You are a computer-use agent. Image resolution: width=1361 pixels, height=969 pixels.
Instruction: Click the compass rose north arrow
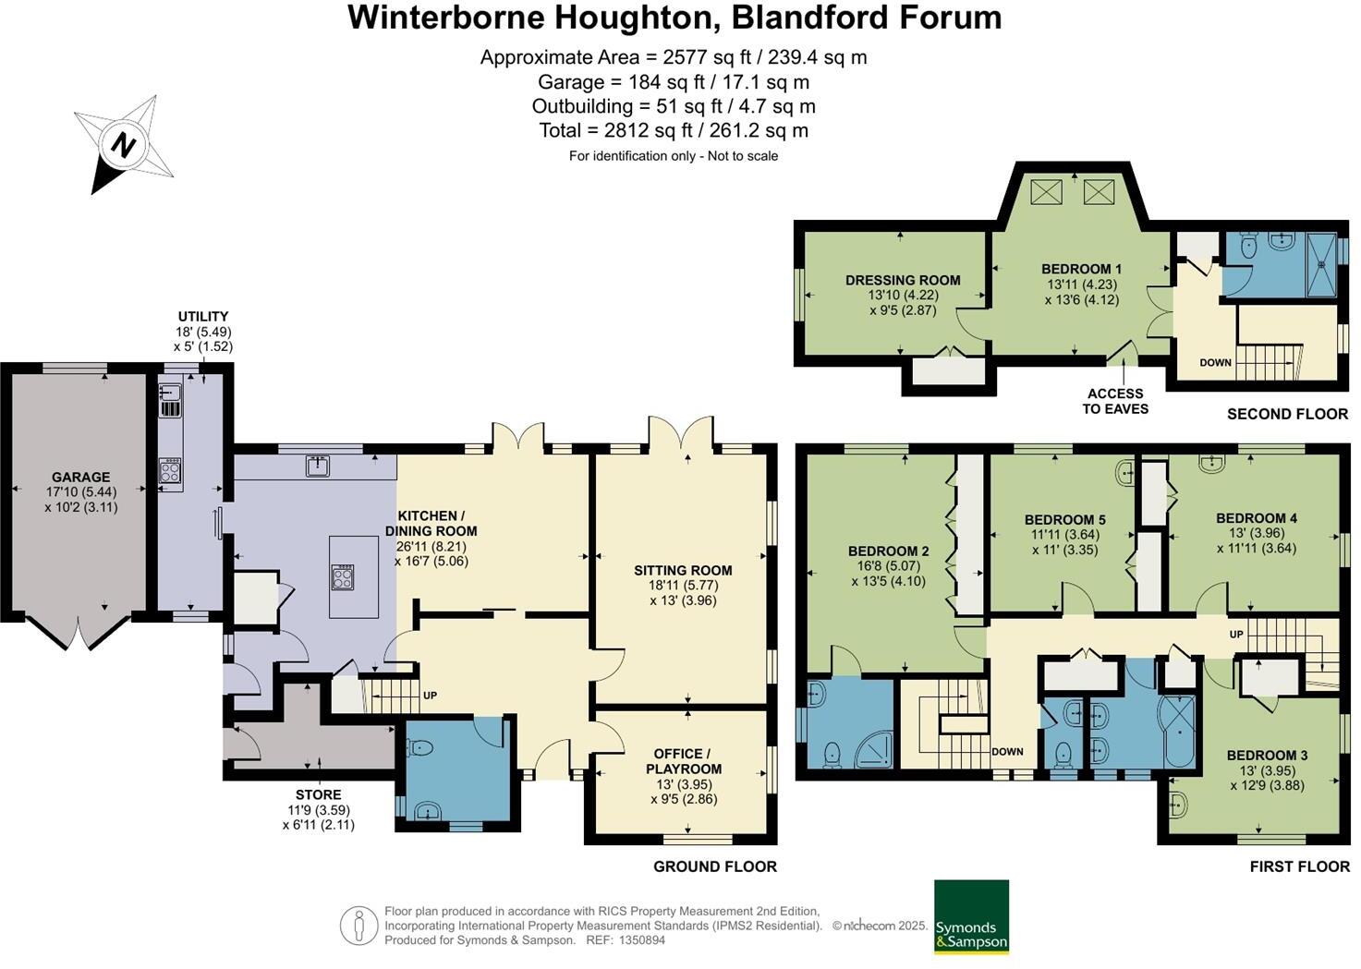122,145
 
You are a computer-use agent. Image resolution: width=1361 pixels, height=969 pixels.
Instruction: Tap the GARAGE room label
80,478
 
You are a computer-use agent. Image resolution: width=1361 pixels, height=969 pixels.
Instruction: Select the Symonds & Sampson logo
971,916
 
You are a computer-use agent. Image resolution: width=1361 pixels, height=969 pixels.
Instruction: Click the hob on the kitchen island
342,577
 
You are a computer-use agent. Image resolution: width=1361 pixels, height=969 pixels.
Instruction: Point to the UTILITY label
203,317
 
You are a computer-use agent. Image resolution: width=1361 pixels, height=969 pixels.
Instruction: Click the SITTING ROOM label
683,571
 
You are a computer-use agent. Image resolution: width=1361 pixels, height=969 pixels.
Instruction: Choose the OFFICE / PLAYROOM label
684,761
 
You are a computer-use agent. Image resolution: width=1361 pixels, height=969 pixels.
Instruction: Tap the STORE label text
318,794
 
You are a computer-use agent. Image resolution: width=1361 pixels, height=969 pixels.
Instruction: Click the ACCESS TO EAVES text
1115,401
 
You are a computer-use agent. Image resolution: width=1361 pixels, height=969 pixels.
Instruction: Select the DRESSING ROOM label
903,280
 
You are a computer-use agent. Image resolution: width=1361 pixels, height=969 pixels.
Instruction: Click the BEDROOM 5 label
1064,519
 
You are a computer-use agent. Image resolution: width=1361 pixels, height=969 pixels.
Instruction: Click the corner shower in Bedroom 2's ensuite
873,747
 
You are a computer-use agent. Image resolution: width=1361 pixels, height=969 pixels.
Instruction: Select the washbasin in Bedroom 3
1179,805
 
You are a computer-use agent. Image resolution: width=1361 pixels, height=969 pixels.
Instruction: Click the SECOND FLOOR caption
1287,414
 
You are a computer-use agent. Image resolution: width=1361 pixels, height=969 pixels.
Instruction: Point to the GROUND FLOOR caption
714,866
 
